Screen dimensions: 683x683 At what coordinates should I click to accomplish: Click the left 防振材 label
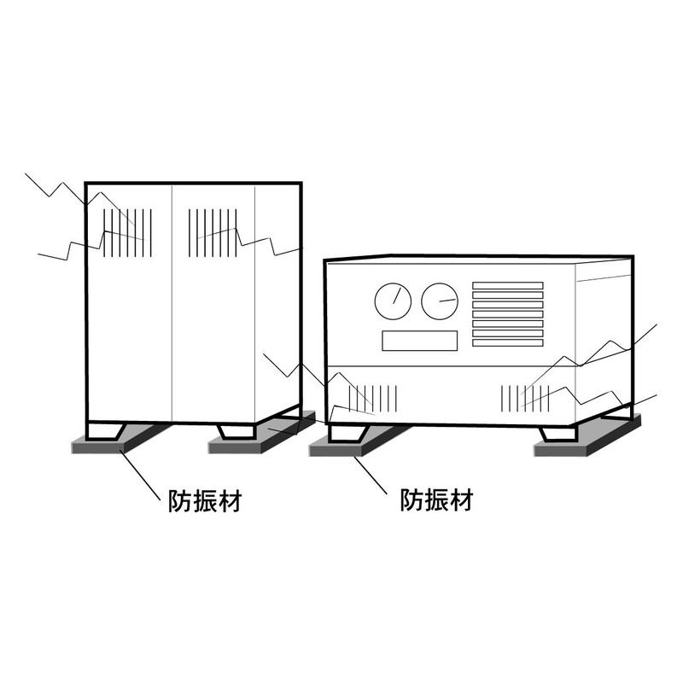pyautogui.click(x=202, y=501)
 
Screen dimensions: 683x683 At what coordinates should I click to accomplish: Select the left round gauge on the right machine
pyautogui.click(x=393, y=301)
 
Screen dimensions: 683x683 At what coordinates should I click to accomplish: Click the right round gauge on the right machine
pyautogui.click(x=440, y=301)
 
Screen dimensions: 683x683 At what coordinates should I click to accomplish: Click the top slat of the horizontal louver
pyautogui.click(x=508, y=285)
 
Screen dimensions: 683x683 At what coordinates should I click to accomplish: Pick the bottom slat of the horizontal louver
pyautogui.click(x=508, y=342)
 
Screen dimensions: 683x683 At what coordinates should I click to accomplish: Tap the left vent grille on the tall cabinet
pyautogui.click(x=127, y=232)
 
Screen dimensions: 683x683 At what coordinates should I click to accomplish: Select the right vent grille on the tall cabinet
pyautogui.click(x=211, y=232)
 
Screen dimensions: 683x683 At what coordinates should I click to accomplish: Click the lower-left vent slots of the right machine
pyautogui.click(x=371, y=397)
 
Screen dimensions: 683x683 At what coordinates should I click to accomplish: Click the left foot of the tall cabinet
pyautogui.click(x=106, y=431)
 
